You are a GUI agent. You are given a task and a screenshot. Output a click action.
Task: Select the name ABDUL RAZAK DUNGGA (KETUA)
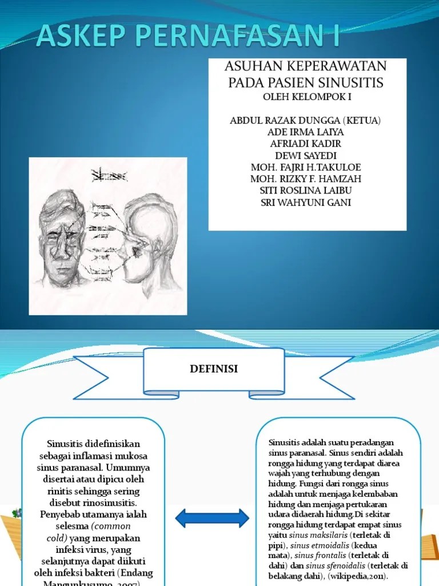[305, 121]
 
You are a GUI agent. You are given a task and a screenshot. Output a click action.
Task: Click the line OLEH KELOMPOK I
[307, 97]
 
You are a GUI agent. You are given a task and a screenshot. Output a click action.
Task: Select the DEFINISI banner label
[213, 370]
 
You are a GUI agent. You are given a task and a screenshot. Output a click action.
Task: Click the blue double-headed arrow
[212, 518]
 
